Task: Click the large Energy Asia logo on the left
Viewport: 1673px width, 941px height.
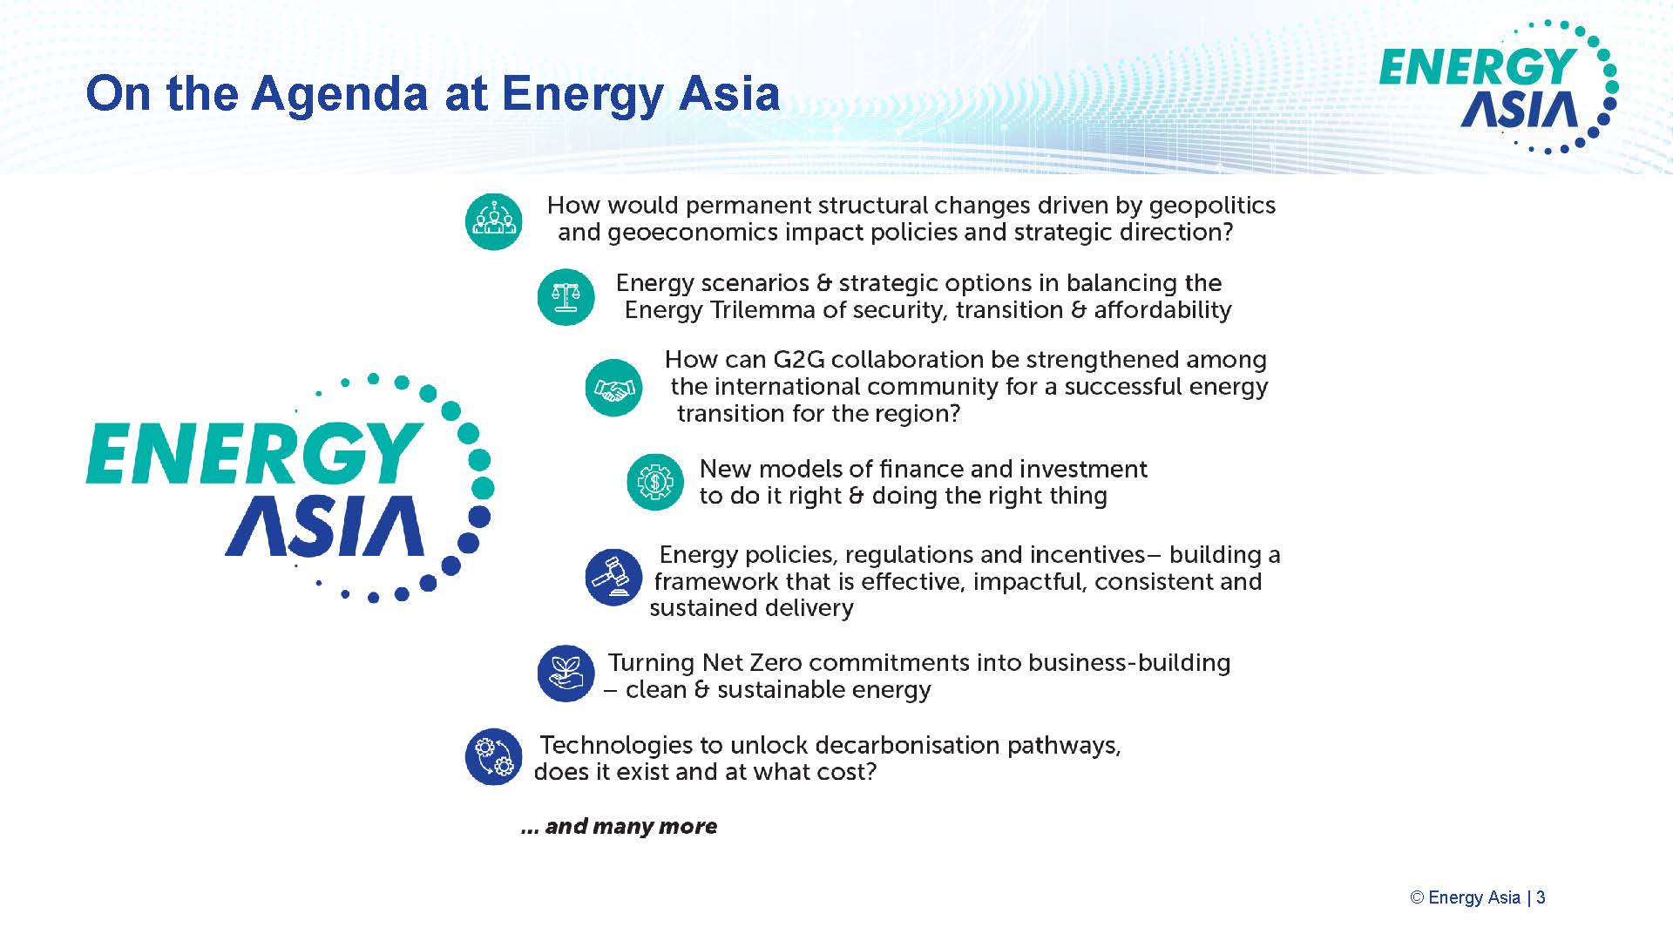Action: pos(290,488)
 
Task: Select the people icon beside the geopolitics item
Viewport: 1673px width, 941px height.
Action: pos(494,221)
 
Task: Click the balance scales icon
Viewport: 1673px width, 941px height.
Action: pos(566,297)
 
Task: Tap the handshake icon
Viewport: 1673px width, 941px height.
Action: pos(614,388)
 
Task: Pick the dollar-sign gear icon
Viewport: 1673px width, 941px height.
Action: pos(655,482)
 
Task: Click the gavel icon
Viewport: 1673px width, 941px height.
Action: pos(614,577)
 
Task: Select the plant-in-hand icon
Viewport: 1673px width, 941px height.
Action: pos(566,674)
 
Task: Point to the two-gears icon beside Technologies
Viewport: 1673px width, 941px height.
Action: pos(494,756)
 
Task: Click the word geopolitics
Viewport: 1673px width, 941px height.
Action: pos(1212,206)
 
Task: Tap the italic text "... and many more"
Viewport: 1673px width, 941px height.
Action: pos(619,826)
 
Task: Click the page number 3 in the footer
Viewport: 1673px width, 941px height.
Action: pos(1541,897)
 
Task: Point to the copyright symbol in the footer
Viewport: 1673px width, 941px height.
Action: pos(1417,897)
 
